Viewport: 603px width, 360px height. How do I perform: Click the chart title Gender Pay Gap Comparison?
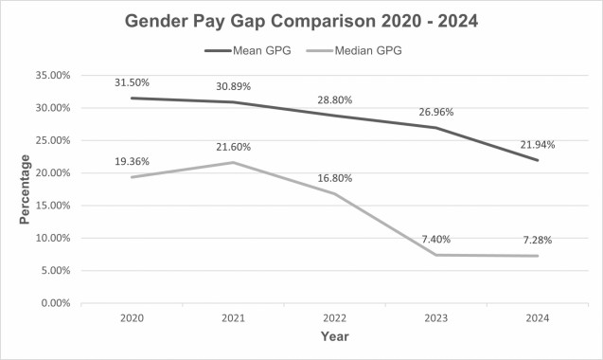301,21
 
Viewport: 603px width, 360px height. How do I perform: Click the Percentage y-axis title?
26,189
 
